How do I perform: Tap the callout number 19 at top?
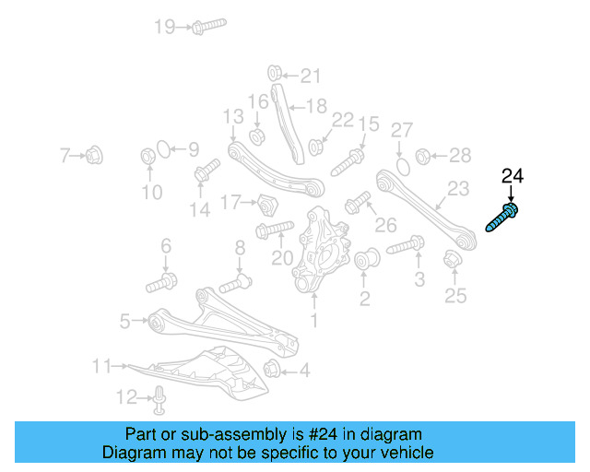tap(164, 27)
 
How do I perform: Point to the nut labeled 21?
tap(274, 74)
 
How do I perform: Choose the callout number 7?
tap(65, 156)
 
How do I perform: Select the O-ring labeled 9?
tap(161, 148)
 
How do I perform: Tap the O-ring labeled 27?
tap(402, 166)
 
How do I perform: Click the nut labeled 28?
tap(423, 155)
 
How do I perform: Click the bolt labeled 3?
tap(406, 246)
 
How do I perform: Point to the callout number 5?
tap(124, 321)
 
